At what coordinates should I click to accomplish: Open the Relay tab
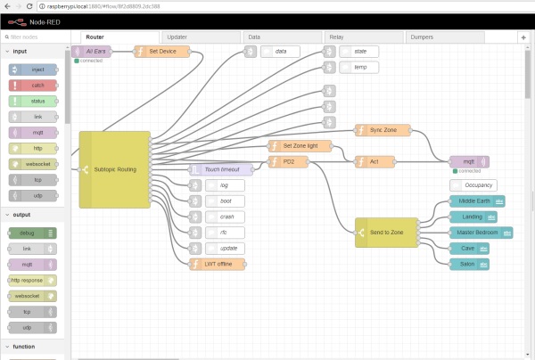[x=337, y=37]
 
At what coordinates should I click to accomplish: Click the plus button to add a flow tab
[x=523, y=38]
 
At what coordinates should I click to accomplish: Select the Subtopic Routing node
[x=114, y=169]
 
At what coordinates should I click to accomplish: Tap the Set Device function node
[x=160, y=52]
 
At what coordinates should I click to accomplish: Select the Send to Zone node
[x=385, y=232]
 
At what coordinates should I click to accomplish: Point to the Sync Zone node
[x=383, y=130]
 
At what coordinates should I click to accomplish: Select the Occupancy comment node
[x=478, y=184]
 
